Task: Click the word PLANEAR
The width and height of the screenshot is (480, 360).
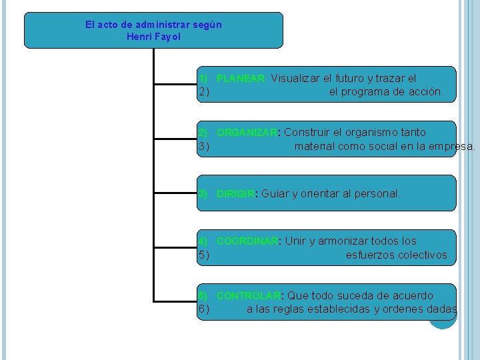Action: coord(241,79)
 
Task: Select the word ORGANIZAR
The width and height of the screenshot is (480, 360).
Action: coord(246,133)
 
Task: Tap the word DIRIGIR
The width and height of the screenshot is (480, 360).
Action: coord(235,194)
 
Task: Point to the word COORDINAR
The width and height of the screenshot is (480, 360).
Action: coord(247,241)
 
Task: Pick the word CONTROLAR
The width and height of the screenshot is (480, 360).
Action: coord(248,296)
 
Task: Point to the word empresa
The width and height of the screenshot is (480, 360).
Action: coord(454,147)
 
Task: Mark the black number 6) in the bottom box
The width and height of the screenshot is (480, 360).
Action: coord(204,309)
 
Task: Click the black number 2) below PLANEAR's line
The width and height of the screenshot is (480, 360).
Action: coord(204,92)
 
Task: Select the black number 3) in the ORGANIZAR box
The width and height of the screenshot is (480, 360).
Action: coord(204,147)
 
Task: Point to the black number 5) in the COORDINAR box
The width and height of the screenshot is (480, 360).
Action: coord(204,255)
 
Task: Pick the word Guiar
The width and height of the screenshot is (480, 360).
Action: coord(275,194)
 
